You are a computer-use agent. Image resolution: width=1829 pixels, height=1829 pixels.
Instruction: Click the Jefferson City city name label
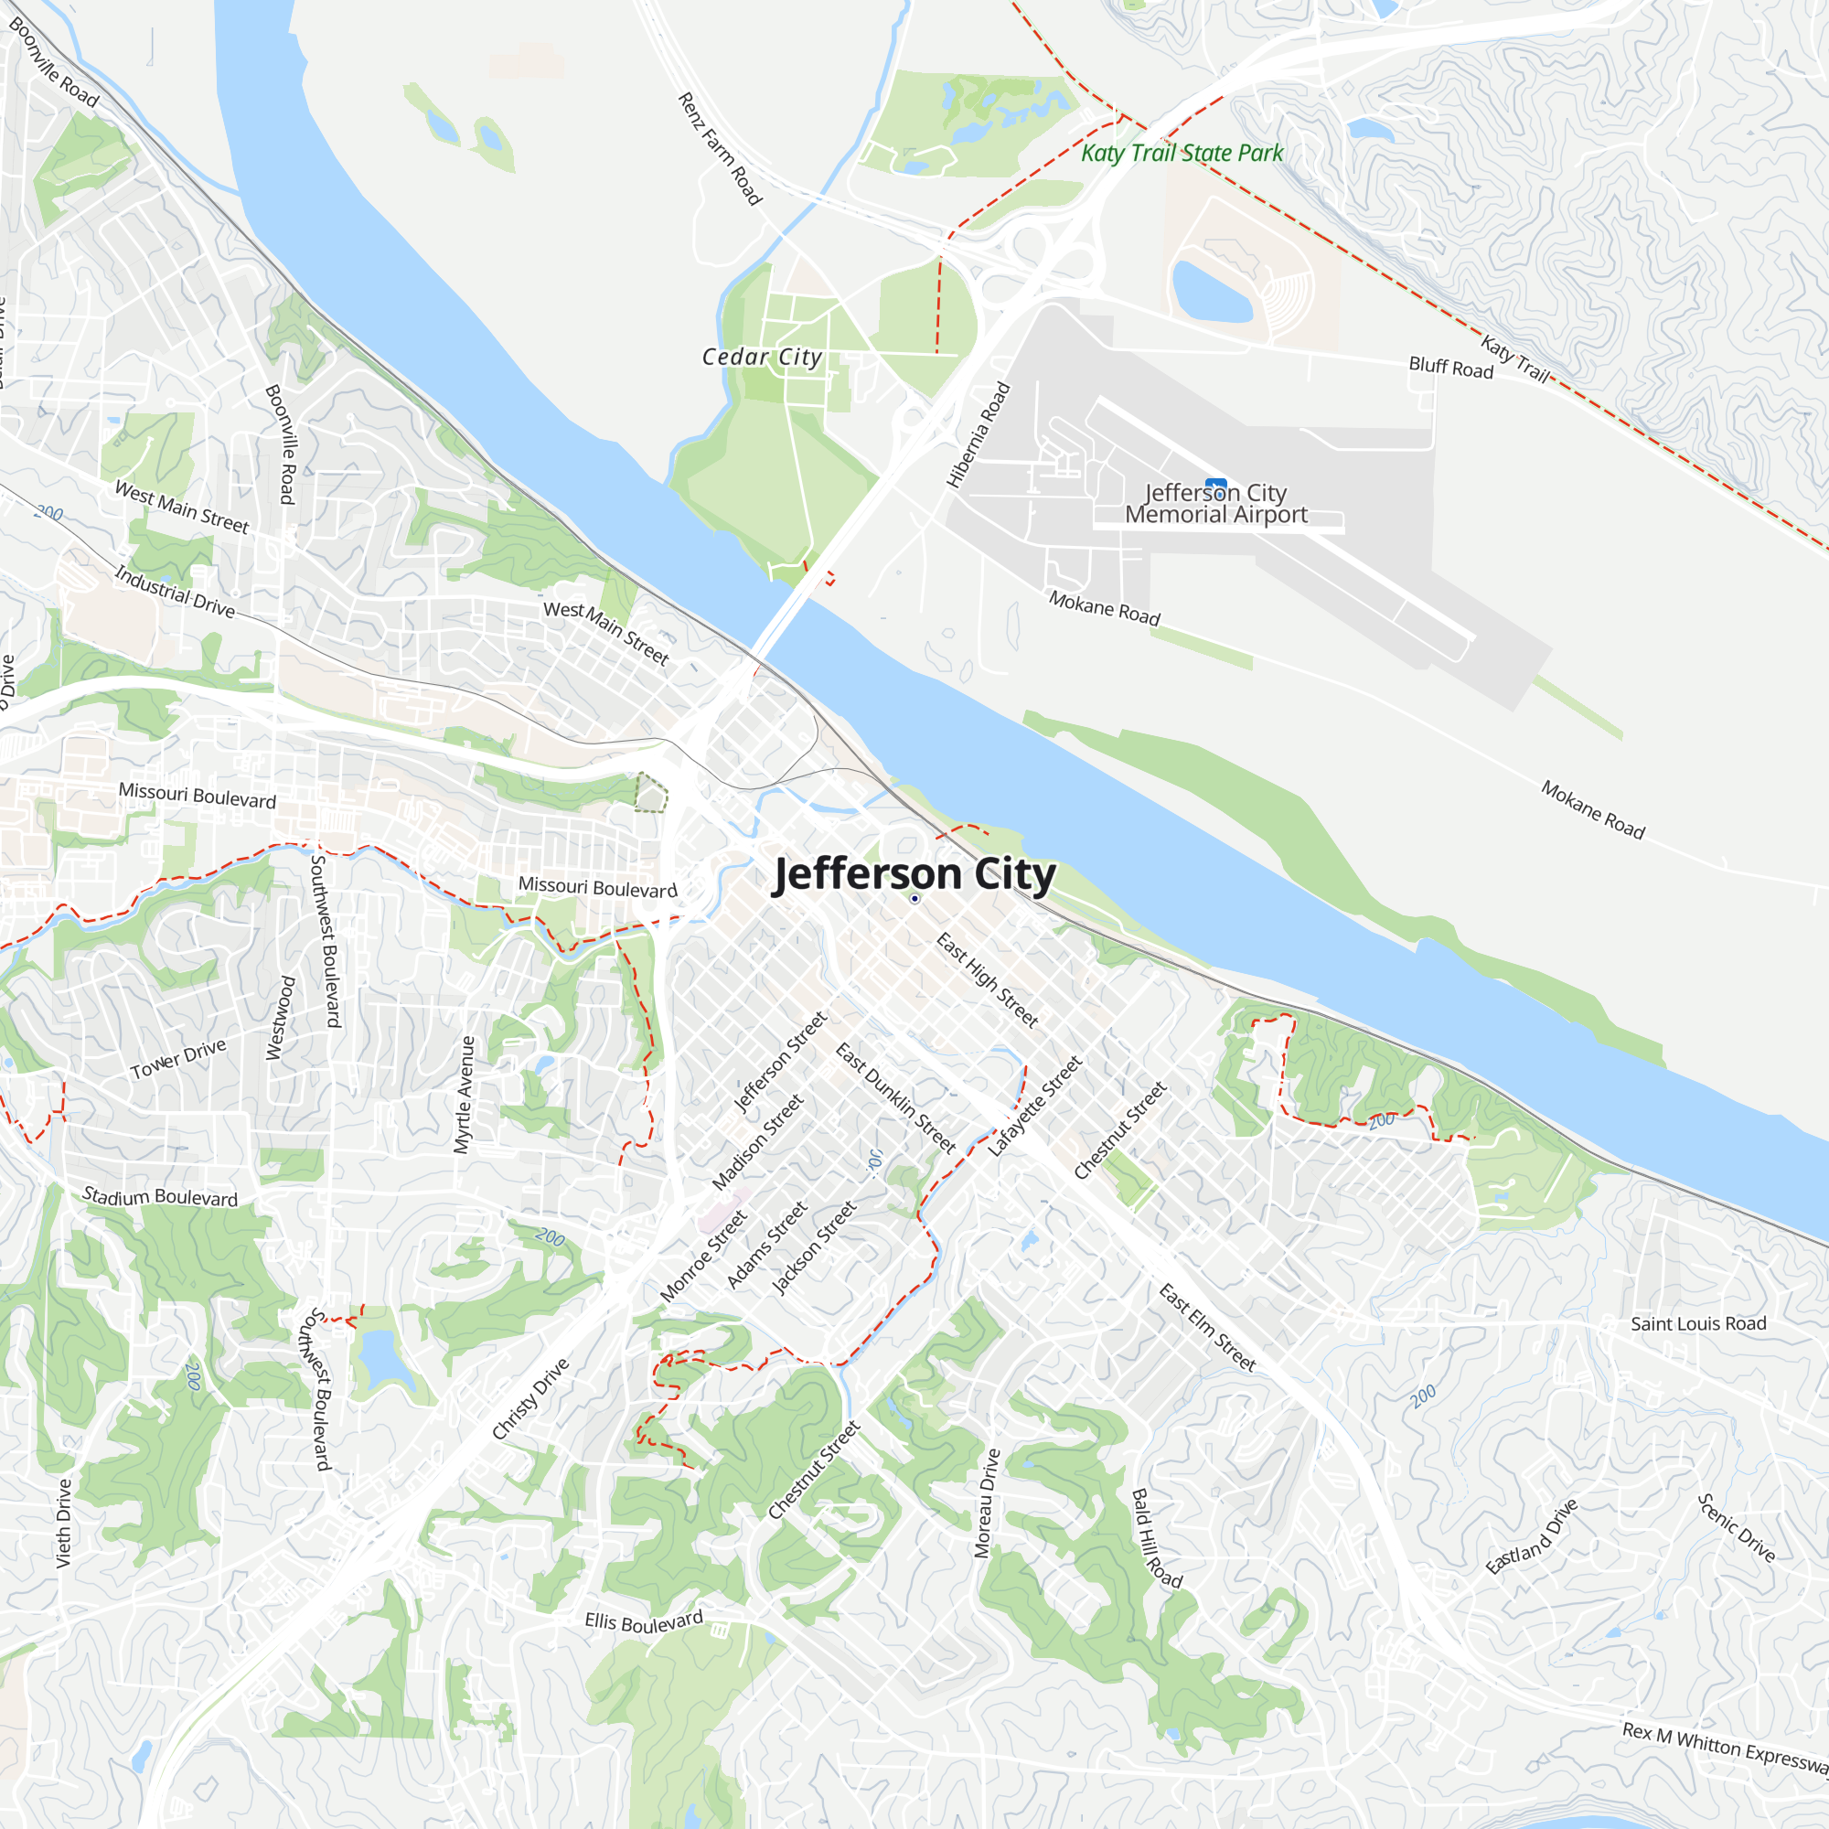[x=914, y=875]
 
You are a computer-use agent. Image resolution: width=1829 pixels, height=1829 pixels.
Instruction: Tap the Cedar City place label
[x=761, y=357]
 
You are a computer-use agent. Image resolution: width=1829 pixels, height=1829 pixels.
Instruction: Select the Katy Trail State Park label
[x=1182, y=154]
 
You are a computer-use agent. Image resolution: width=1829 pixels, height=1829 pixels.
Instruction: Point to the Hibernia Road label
[x=979, y=434]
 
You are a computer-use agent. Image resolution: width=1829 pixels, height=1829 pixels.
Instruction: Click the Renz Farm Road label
[x=720, y=149]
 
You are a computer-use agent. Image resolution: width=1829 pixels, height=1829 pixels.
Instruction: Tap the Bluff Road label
[x=1450, y=368]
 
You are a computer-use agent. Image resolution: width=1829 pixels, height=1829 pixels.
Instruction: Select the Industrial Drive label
[x=176, y=591]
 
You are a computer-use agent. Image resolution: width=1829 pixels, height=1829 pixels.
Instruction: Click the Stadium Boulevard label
[x=160, y=1196]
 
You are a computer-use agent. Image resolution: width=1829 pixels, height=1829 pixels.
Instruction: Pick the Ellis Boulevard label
[x=644, y=1621]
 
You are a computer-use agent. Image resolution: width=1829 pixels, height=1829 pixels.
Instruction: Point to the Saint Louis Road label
[x=1698, y=1323]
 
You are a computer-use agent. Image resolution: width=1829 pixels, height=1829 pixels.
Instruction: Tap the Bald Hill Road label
[x=1156, y=1538]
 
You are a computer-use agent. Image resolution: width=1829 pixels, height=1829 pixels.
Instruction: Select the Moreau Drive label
[x=988, y=1503]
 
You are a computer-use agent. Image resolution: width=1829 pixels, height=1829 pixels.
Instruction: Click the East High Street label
[x=988, y=979]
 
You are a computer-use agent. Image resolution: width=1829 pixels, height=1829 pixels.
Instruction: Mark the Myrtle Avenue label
[x=464, y=1095]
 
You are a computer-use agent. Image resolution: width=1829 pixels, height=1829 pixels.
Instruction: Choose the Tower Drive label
[x=178, y=1058]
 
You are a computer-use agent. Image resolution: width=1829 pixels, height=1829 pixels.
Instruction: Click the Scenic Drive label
[x=1736, y=1527]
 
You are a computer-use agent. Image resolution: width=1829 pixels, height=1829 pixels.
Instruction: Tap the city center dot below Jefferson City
[x=914, y=898]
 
